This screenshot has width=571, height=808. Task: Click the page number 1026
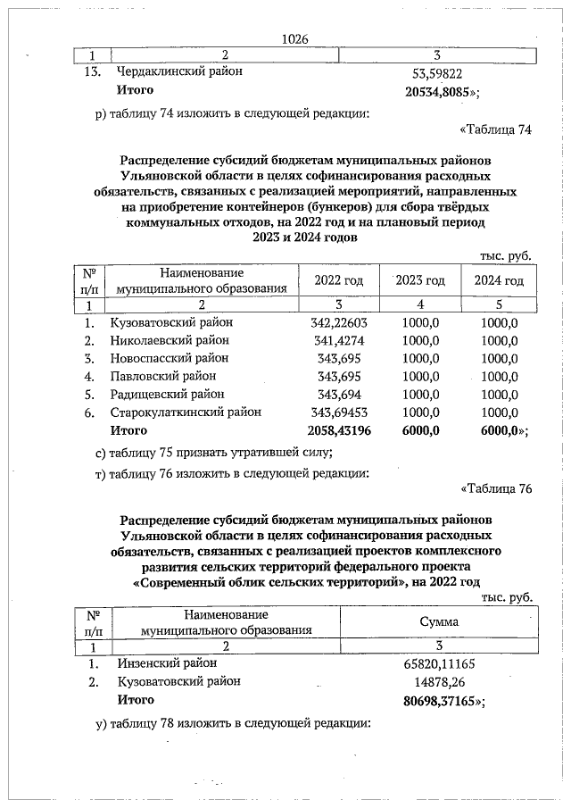294,38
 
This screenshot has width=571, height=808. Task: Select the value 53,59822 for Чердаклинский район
437,71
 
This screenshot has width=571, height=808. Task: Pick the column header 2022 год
339,280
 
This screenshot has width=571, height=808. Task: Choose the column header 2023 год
420,280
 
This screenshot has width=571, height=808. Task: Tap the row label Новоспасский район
170,358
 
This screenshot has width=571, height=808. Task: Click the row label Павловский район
162,376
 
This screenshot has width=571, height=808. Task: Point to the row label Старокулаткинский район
186,412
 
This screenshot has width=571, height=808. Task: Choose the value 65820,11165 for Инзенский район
438,663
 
